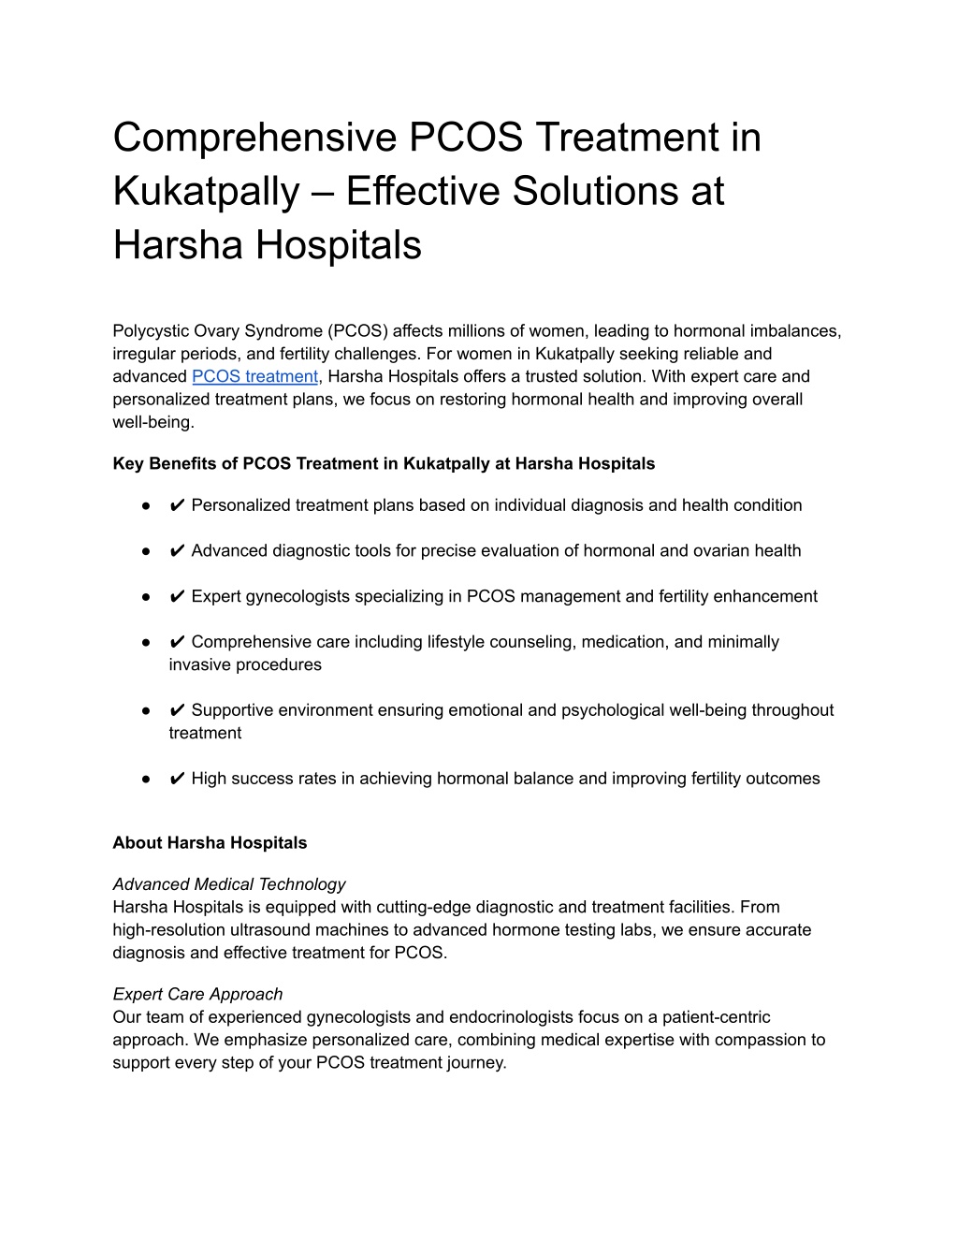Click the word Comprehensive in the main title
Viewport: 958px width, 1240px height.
[x=250, y=139]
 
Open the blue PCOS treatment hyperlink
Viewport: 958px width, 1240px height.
[x=254, y=377]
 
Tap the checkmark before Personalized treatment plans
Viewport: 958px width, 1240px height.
[x=177, y=505]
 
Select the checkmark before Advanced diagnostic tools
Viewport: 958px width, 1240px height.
[x=177, y=551]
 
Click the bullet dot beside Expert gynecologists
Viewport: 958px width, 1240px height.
[x=147, y=597]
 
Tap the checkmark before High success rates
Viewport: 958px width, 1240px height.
[x=177, y=780]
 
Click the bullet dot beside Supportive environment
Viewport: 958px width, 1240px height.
[x=147, y=711]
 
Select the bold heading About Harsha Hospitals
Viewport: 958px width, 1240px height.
[x=210, y=843]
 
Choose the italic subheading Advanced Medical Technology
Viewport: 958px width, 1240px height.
[x=229, y=884]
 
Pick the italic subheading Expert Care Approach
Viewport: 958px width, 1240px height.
[x=197, y=995]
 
